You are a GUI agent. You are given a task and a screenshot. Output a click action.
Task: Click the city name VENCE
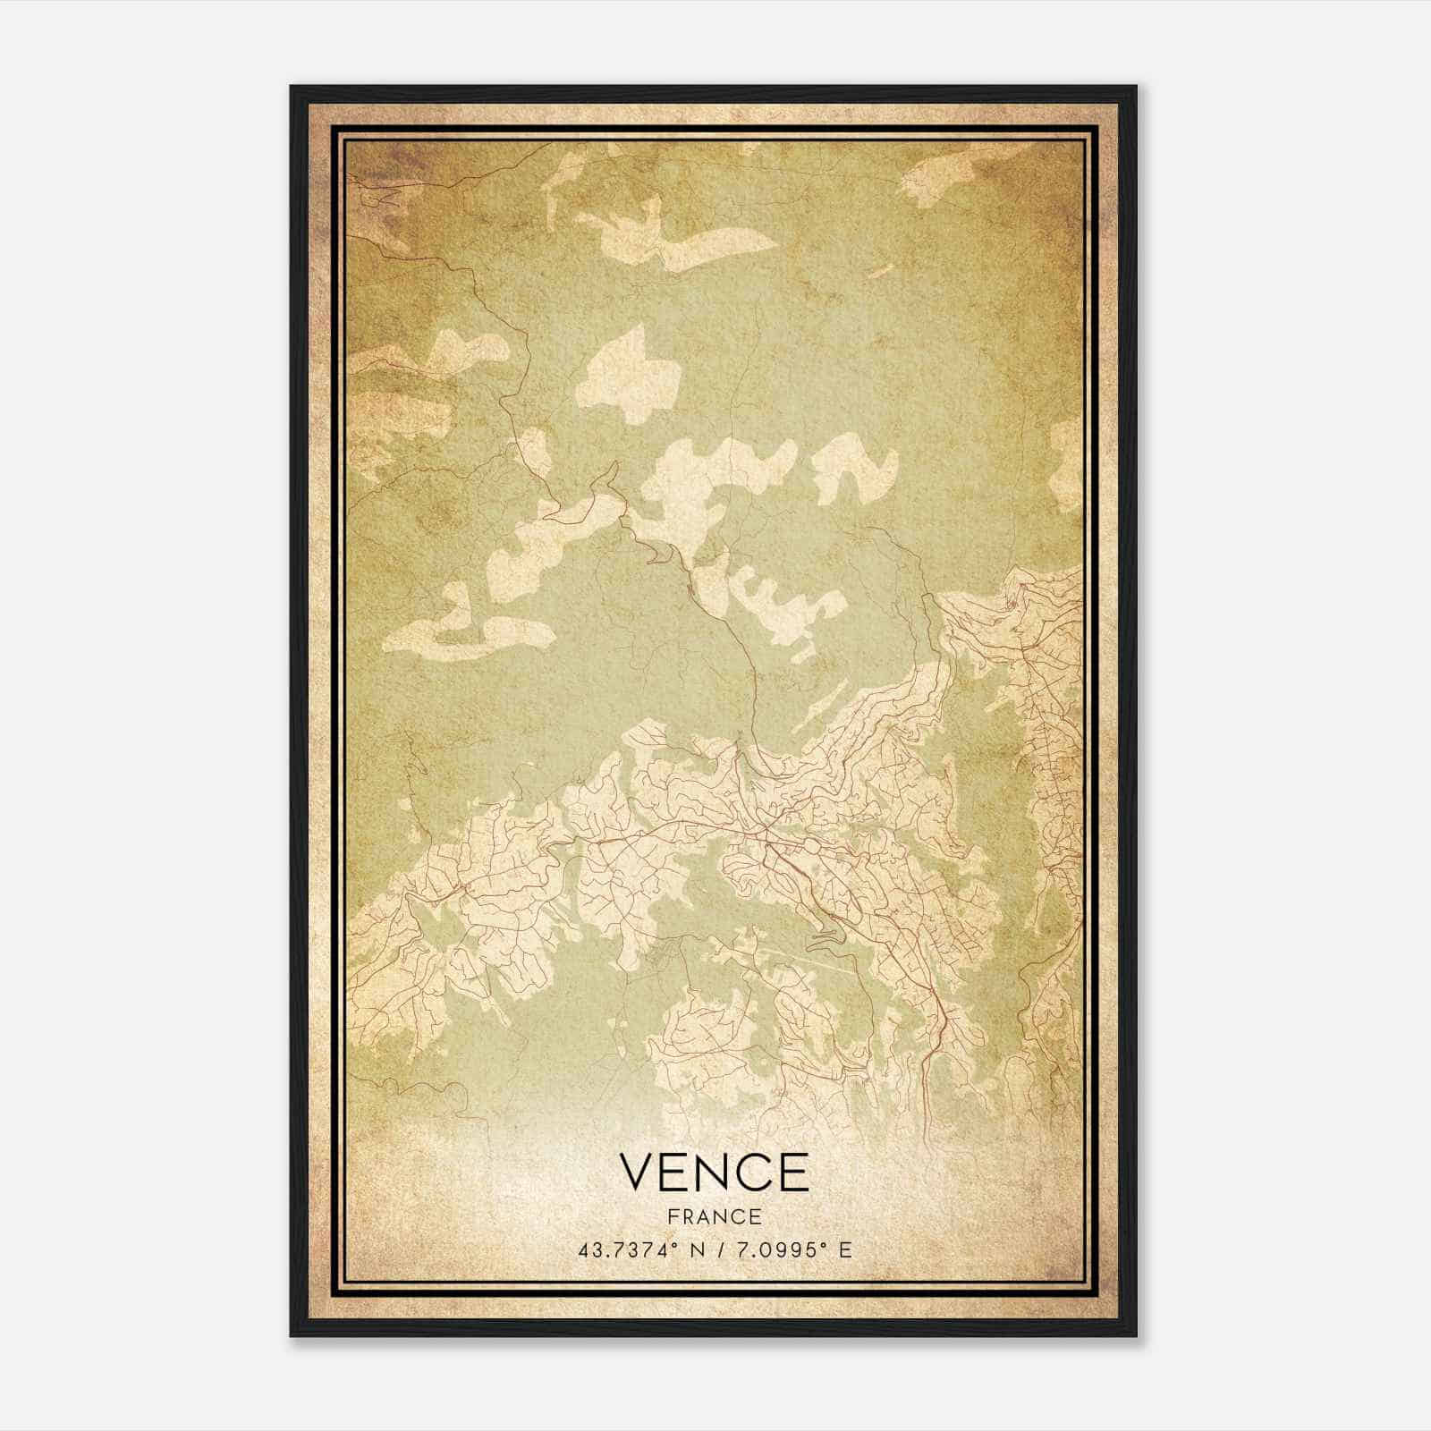(x=714, y=1173)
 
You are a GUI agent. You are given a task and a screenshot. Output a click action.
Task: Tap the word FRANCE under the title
(x=715, y=1217)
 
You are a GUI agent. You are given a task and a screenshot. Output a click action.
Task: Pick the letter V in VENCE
(x=637, y=1173)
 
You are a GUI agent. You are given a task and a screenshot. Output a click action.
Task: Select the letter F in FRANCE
(x=673, y=1217)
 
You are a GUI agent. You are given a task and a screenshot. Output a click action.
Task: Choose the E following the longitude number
(x=845, y=1249)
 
